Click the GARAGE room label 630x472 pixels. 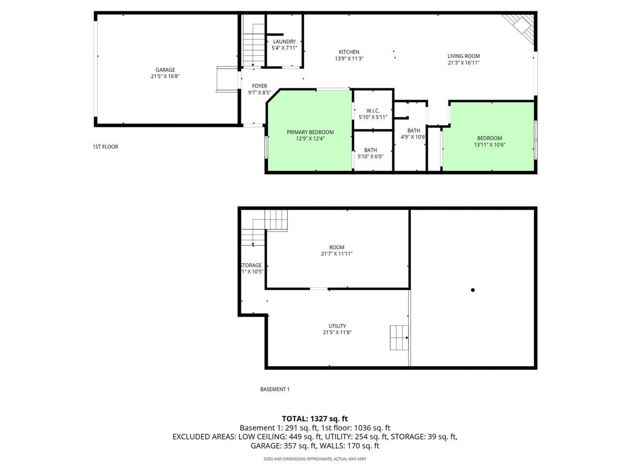coord(165,70)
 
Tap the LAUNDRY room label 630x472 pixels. coord(284,42)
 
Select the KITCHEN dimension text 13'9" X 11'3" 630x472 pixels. coord(349,59)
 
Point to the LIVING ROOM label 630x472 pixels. coord(463,56)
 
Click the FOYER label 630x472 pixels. coord(259,86)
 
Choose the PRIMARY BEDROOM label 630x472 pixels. coord(310,132)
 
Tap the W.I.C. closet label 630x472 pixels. coord(373,111)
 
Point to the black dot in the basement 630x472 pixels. coord(473,290)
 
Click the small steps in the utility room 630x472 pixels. coord(399,337)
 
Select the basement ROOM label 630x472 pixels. coord(337,247)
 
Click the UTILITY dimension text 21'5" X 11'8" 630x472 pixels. coord(337,332)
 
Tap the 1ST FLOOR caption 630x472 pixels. coord(105,147)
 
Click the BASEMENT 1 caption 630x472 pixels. coord(275,389)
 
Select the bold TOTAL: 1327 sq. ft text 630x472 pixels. coord(315,418)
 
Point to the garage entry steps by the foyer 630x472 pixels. coord(226,79)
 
